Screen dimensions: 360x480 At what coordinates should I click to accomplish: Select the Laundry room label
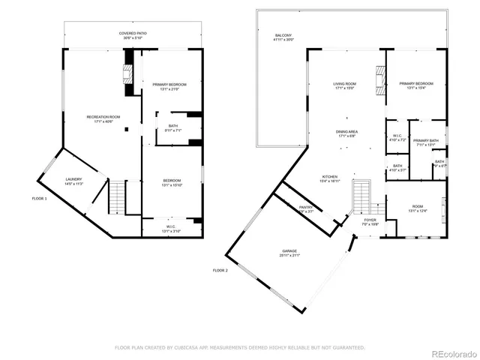coord(73,181)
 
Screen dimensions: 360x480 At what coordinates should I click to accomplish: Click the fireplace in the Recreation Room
coord(127,73)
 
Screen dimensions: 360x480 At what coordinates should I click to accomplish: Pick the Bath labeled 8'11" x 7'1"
coord(172,127)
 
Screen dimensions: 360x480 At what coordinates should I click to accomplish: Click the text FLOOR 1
coord(39,199)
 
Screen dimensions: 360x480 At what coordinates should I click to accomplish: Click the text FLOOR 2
coord(220,270)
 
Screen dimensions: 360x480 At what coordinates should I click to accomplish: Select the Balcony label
coord(283,37)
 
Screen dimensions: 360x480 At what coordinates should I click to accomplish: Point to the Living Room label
coord(345,85)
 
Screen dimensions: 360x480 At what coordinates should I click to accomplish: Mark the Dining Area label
coord(346,133)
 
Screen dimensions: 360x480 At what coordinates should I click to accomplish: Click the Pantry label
coord(306,209)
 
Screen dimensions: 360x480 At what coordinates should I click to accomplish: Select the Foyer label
coord(370,221)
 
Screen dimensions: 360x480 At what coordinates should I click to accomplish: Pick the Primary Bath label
coord(424,142)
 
